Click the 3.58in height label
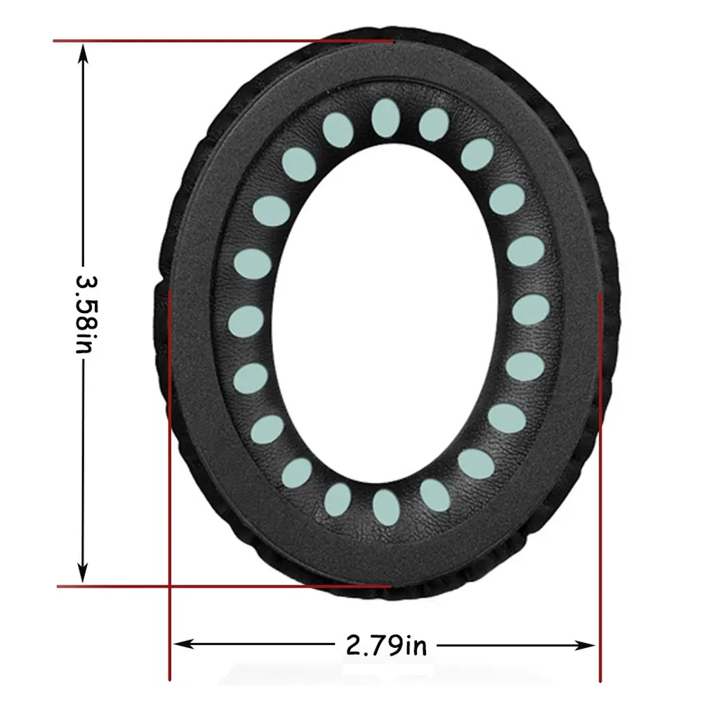pos(84,313)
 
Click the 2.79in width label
pos(386,644)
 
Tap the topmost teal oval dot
pos(385,116)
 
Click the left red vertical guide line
pos(170,491)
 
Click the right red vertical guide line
pos(600,491)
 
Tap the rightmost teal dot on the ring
pos(530,309)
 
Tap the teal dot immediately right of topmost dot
pos(434,125)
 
